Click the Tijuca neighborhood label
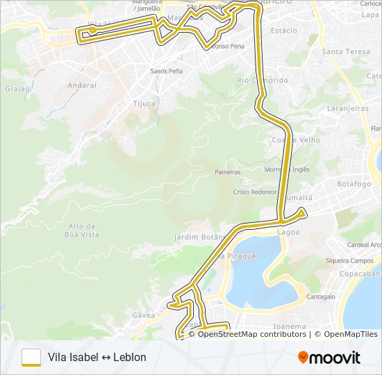(144, 103)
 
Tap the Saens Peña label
(167, 71)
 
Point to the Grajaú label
(16, 89)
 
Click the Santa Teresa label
(347, 51)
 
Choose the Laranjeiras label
(347, 109)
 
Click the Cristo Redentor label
(255, 192)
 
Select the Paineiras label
(228, 172)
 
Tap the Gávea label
(142, 315)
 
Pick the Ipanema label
(290, 326)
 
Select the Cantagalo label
(321, 297)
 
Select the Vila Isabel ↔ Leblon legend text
(97, 358)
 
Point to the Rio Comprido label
(263, 81)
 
